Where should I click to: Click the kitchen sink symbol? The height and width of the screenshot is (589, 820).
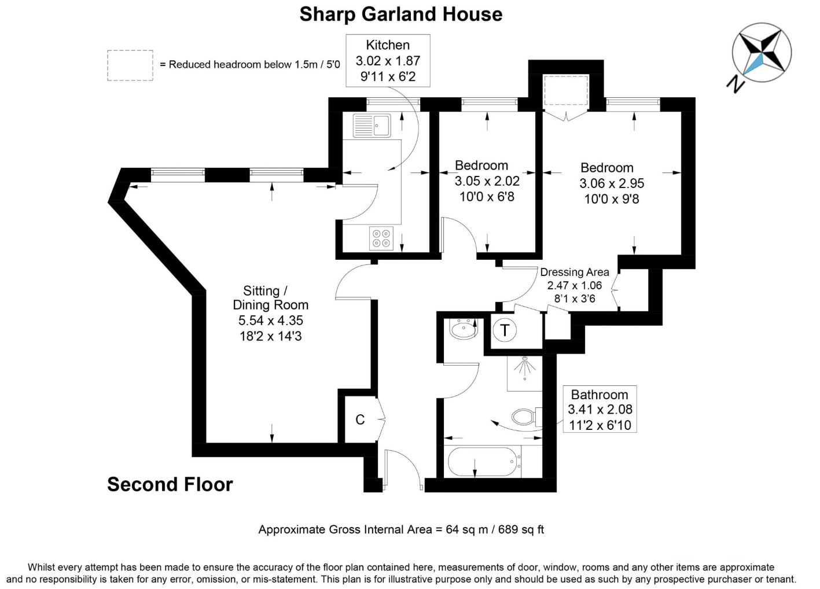[372, 125]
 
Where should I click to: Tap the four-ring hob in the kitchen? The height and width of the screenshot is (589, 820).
[381, 238]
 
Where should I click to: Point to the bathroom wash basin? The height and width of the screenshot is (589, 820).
[463, 329]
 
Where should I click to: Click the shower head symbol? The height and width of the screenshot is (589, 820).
[525, 367]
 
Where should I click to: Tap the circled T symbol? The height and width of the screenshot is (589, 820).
[505, 330]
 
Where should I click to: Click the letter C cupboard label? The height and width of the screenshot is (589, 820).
[360, 419]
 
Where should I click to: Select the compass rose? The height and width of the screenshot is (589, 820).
[762, 53]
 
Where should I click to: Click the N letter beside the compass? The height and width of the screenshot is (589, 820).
[736, 84]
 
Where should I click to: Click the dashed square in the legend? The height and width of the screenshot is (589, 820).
[130, 65]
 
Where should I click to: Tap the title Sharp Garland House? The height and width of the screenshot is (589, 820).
[401, 14]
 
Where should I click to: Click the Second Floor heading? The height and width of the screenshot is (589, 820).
[170, 484]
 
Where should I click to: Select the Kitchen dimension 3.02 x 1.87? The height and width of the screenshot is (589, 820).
[388, 61]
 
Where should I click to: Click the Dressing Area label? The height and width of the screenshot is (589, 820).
[575, 273]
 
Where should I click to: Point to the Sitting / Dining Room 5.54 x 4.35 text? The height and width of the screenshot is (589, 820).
[270, 321]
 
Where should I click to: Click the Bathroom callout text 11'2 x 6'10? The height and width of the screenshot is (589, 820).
[600, 425]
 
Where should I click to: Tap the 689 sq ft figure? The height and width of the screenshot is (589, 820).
[521, 530]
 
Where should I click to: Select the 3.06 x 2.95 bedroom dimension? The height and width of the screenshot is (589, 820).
[612, 183]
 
